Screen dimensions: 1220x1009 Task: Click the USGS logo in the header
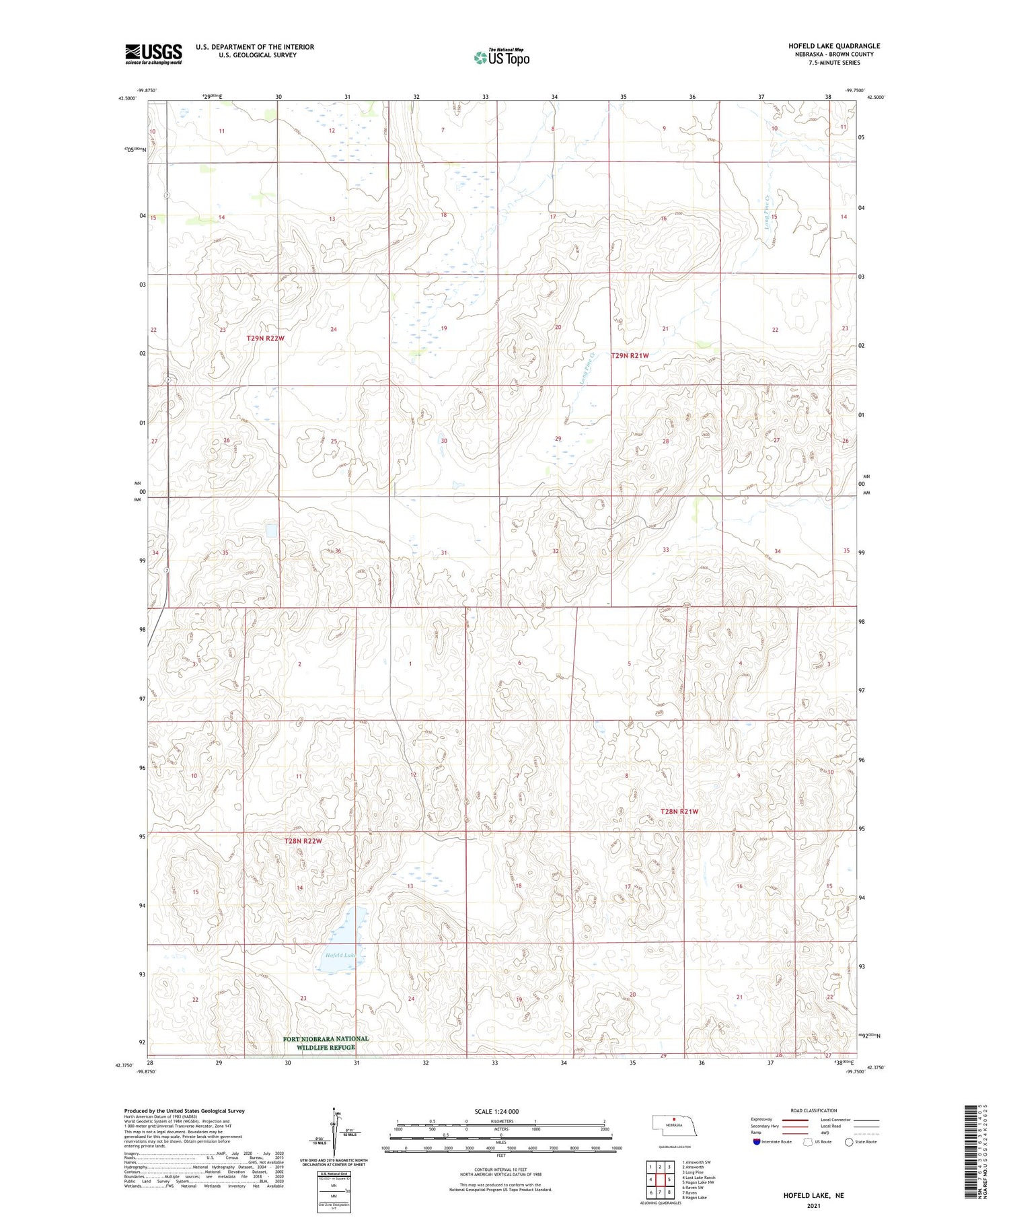tap(153, 54)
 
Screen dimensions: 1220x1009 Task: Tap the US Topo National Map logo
tap(502, 57)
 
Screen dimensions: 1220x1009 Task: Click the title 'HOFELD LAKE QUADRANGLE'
tap(834, 46)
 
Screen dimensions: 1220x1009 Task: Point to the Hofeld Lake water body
tap(343, 939)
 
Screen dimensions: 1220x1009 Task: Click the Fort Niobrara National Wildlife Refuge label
tap(326, 1042)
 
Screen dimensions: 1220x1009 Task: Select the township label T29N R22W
tap(265, 338)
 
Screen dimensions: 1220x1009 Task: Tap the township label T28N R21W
tap(679, 812)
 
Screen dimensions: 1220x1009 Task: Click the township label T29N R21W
tap(630, 355)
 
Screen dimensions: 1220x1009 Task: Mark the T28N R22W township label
tap(303, 841)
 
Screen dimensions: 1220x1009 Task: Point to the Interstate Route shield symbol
tap(757, 1142)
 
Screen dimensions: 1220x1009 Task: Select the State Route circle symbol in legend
tap(849, 1142)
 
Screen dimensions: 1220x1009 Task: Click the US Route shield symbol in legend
tap(808, 1142)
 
